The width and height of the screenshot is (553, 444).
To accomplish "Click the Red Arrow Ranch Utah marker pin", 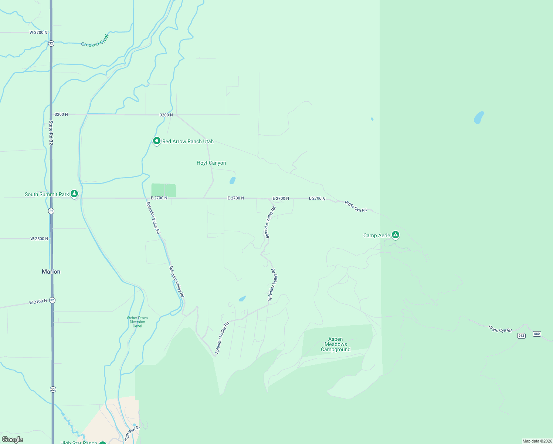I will click(156, 141).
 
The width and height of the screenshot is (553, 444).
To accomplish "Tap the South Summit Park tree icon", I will click(74, 194).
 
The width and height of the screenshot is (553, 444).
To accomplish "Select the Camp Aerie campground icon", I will click(396, 235).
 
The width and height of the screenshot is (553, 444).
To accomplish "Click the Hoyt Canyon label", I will click(211, 163).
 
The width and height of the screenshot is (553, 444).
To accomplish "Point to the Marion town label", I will click(51, 272).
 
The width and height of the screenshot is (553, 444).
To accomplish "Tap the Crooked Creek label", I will click(95, 41).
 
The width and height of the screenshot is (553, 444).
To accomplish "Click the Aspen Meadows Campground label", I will click(336, 344).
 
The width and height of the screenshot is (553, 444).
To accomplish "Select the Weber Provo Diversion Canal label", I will click(137, 322).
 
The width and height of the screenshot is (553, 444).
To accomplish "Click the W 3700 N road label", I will click(38, 33).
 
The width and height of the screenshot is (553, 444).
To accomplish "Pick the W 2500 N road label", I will click(39, 239).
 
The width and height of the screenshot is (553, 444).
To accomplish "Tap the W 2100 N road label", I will click(38, 302).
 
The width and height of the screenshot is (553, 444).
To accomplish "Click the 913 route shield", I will click(521, 336).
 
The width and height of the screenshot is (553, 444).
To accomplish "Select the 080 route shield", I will click(537, 334).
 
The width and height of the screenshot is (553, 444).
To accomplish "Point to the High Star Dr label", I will click(132, 433).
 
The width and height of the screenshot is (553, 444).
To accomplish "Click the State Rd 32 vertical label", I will click(51, 132).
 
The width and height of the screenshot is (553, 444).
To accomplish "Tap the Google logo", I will click(13, 440).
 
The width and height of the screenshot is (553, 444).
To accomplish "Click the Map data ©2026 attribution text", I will click(537, 441).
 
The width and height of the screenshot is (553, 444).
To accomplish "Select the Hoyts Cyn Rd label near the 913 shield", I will click(500, 329).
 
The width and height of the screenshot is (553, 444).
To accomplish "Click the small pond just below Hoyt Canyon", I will click(233, 181).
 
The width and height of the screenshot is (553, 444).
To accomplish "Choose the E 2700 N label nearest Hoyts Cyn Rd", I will click(317, 199).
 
